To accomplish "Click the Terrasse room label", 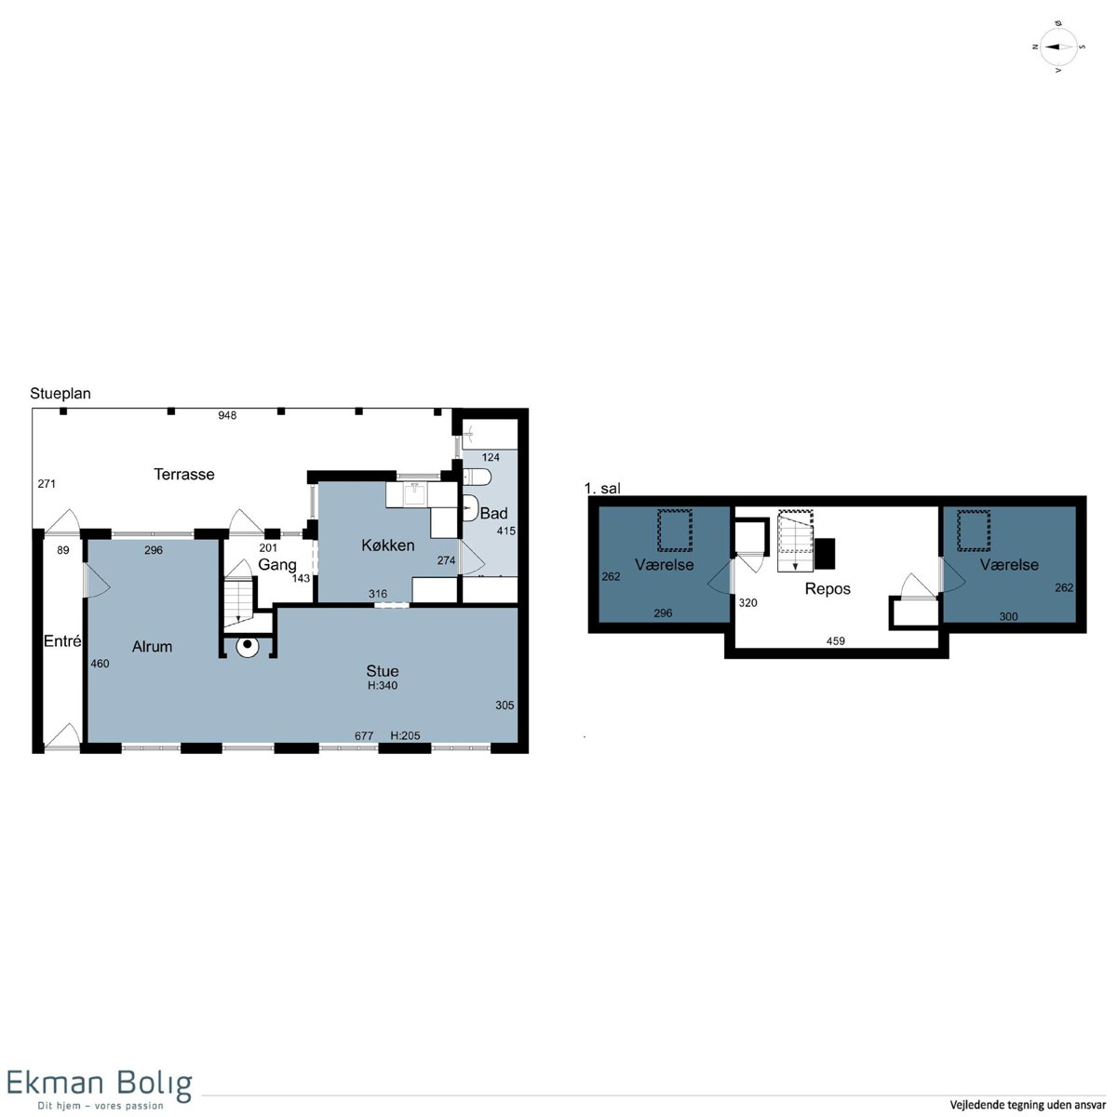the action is click(x=183, y=474).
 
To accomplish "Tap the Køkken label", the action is click(x=388, y=545).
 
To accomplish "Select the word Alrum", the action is click(x=152, y=646).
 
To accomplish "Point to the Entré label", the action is click(x=62, y=640).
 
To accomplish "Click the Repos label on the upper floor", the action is click(x=828, y=589).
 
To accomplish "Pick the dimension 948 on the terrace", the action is click(x=227, y=415).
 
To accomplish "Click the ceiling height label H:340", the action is click(x=383, y=685).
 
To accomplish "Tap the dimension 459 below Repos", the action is click(x=835, y=640).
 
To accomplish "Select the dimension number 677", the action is click(x=364, y=735).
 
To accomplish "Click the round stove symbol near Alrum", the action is click(x=248, y=645).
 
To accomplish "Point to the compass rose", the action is click(x=1058, y=47).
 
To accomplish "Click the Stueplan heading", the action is click(x=61, y=393).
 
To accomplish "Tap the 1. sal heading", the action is click(x=602, y=488).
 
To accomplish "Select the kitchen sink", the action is click(x=415, y=495).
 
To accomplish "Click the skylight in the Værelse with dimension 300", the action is click(x=974, y=530).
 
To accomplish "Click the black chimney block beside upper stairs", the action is click(x=825, y=554).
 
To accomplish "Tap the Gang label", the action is click(x=277, y=565).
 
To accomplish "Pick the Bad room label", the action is click(x=494, y=513).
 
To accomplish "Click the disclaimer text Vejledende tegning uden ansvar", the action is click(x=1028, y=1105).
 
